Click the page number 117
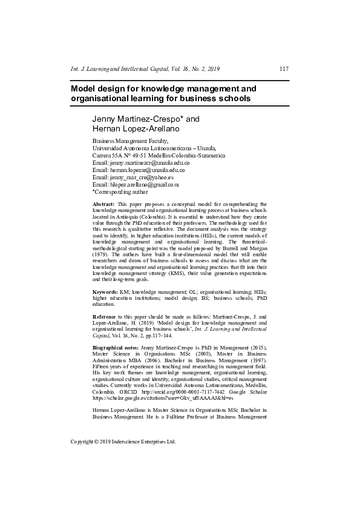[x=284, y=68]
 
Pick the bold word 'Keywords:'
[x=106, y=292]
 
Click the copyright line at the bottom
[x=123, y=442]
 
